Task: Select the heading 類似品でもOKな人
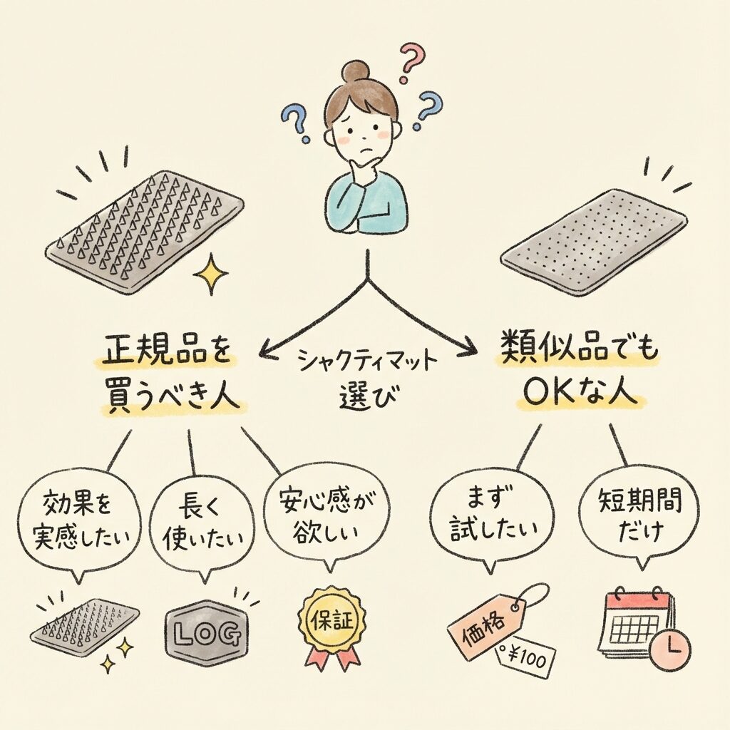(577, 374)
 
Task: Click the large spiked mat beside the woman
(146, 228)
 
